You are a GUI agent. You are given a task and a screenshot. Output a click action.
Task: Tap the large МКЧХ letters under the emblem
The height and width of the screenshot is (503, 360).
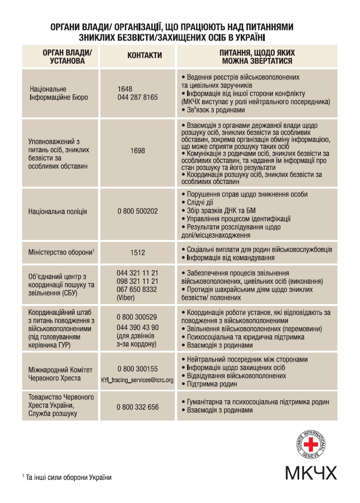(311, 472)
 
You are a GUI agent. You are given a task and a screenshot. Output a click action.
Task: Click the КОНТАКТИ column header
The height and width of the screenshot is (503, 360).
(145, 56)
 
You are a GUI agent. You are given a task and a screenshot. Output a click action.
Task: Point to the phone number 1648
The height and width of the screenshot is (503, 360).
(125, 89)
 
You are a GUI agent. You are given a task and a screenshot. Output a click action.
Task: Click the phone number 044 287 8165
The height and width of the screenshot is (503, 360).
(138, 97)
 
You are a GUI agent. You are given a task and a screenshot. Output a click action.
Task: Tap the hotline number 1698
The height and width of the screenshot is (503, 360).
(138, 151)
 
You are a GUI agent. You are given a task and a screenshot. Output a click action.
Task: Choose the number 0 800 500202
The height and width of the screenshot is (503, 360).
(138, 212)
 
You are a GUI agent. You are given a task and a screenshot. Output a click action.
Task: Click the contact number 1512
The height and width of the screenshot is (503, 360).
(138, 252)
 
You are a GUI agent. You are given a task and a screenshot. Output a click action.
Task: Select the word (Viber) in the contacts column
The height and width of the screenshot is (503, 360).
(126, 297)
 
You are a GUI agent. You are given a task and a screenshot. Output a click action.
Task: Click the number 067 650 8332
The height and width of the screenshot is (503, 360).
(138, 289)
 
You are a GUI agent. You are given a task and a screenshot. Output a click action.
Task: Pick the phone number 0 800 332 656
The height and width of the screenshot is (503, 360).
(138, 407)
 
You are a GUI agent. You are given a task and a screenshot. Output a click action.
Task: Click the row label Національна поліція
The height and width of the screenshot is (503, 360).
(57, 212)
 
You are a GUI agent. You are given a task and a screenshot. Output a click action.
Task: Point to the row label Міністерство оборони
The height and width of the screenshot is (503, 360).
(60, 252)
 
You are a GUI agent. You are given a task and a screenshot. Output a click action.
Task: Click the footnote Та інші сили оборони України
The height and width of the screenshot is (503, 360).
(68, 478)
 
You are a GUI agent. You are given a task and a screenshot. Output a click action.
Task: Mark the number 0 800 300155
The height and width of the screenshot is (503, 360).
(138, 369)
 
